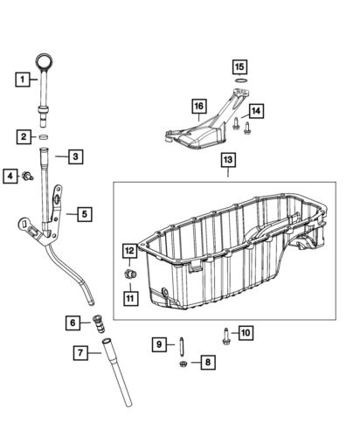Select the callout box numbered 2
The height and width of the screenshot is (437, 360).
pos(21,135)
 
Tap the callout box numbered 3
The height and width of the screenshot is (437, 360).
pos(76,157)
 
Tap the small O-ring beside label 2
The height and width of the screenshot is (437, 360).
pos(43,137)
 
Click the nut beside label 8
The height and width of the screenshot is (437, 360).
pos(182,362)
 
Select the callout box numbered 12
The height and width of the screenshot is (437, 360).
pos(129,253)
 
